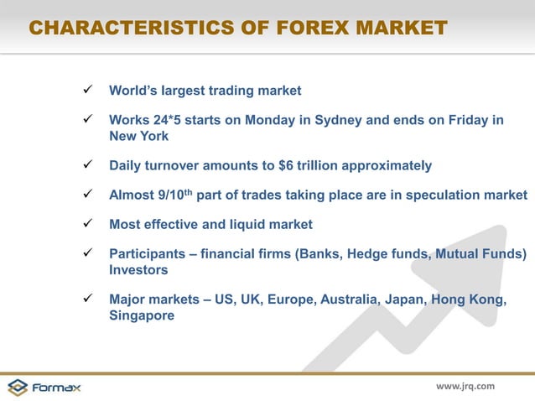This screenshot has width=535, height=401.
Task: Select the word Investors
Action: click(138, 270)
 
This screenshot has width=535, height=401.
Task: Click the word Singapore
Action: click(143, 316)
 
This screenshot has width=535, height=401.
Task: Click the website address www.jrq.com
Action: click(465, 386)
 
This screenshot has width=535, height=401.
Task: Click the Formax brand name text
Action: click(57, 387)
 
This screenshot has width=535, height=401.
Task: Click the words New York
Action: click(138, 136)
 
